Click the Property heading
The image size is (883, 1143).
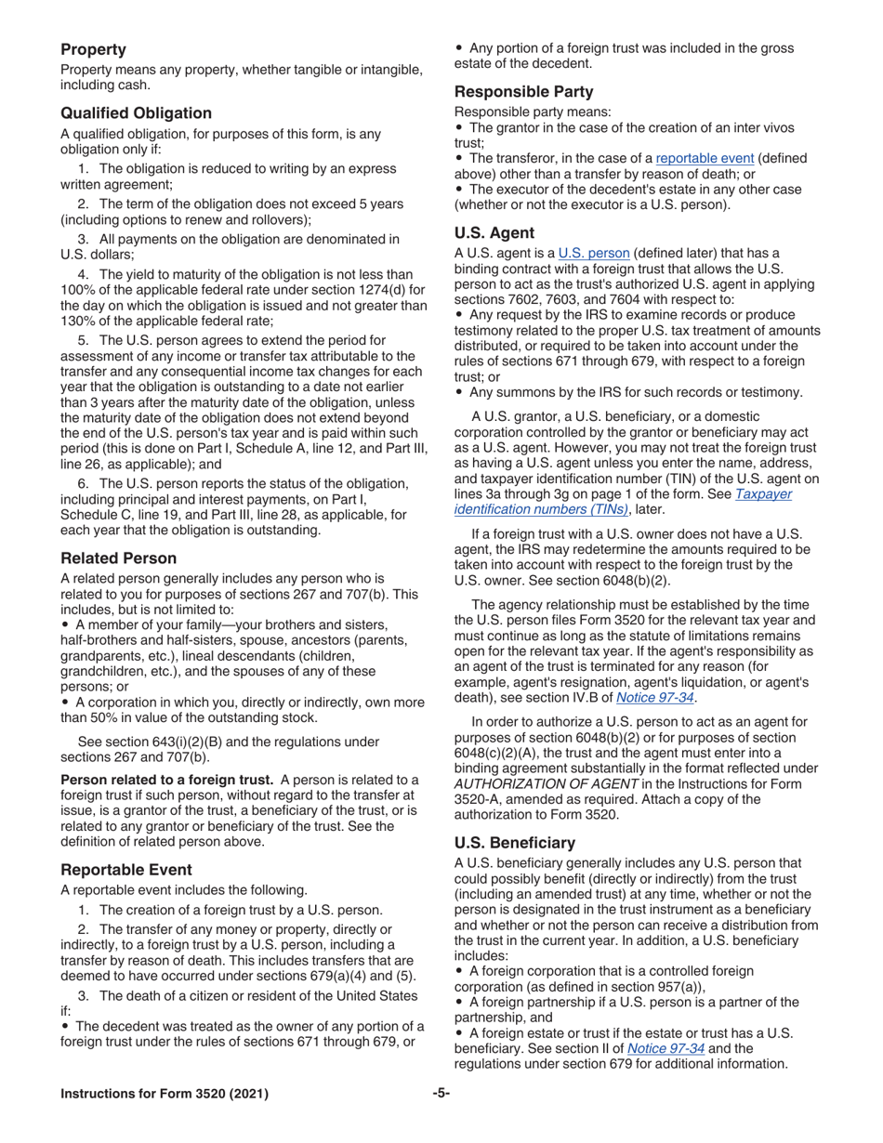pyautogui.click(x=94, y=48)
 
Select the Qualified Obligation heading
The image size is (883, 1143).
pyautogui.click(x=136, y=112)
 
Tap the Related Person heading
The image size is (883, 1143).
pyautogui.click(x=118, y=558)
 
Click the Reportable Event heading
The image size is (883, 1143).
pyautogui.click(x=126, y=869)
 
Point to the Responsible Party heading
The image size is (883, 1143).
pyautogui.click(x=523, y=91)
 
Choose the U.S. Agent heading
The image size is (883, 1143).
pyautogui.click(x=494, y=232)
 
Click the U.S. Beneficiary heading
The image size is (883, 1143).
pyautogui.click(x=514, y=842)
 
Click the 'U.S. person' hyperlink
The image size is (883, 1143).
pyautogui.click(x=594, y=253)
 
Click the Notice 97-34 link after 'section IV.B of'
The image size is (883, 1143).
pyautogui.click(x=655, y=697)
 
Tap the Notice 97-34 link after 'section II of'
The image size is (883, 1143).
pyautogui.click(x=666, y=1048)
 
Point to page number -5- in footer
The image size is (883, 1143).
pyautogui.click(x=441, y=1093)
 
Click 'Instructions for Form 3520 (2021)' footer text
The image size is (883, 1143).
pyautogui.click(x=165, y=1093)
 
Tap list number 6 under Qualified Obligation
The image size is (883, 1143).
pyautogui.click(x=83, y=483)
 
